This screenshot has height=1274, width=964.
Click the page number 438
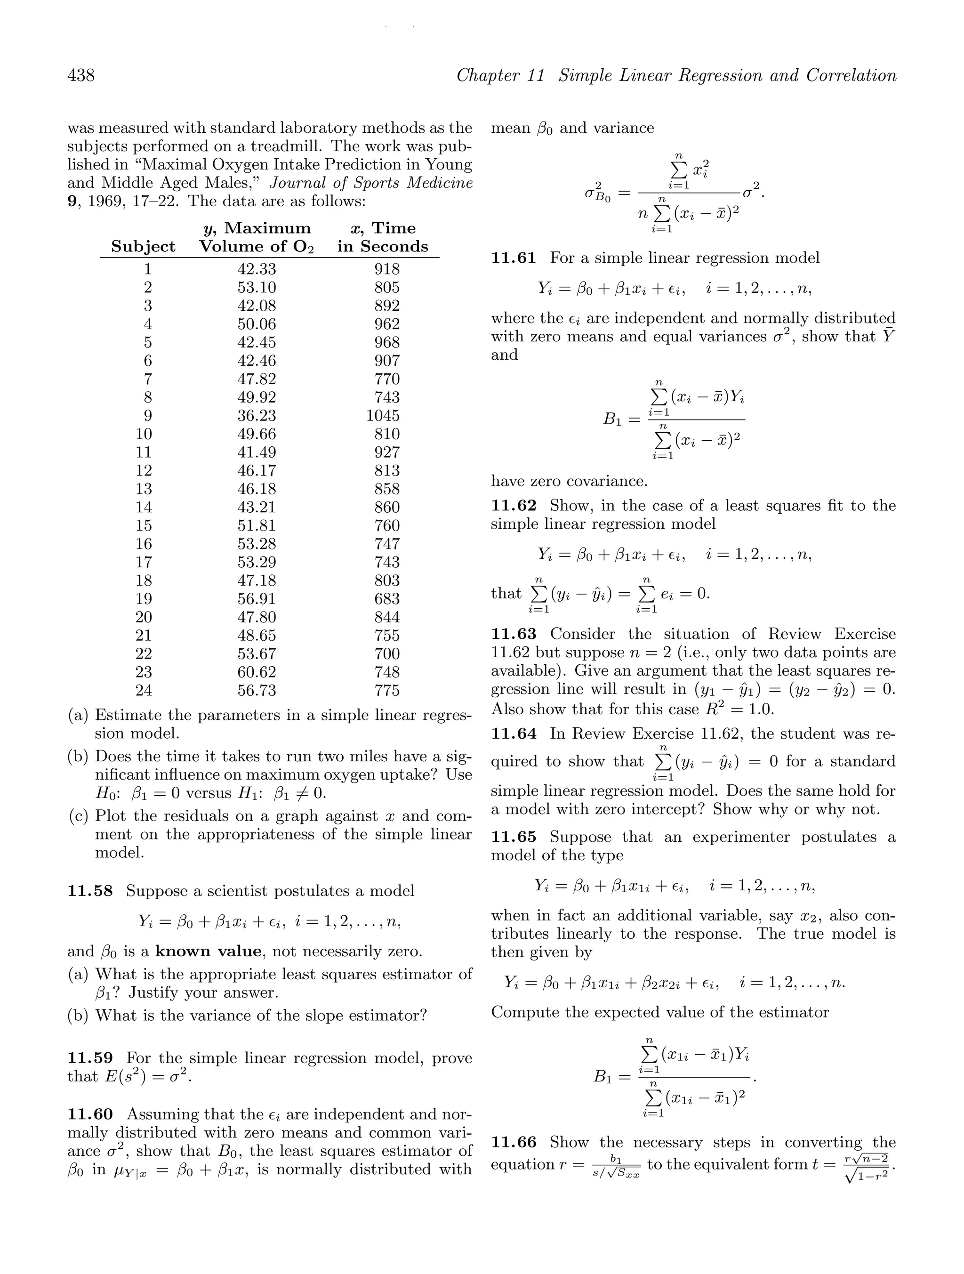click(x=81, y=75)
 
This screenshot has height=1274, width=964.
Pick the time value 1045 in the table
click(x=382, y=416)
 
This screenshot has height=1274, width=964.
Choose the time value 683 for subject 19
click(x=386, y=599)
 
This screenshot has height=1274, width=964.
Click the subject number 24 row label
click(x=144, y=691)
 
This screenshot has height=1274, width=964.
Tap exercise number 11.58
click(x=90, y=891)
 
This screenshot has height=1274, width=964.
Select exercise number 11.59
click(x=90, y=1058)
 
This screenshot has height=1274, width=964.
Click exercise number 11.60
click(x=90, y=1114)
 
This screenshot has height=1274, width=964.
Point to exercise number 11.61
click(x=514, y=258)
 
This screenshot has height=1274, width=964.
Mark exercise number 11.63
click(x=514, y=634)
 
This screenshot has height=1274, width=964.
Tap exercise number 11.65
click(x=514, y=837)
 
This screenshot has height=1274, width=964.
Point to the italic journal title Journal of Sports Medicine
click(x=371, y=183)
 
